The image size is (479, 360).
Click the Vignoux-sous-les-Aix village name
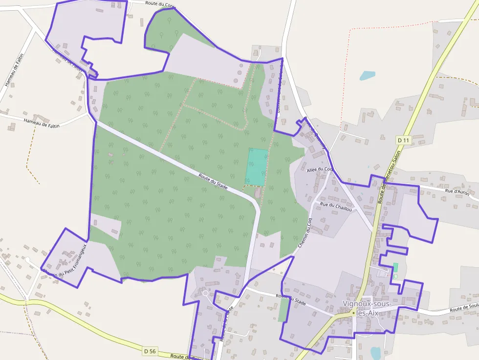(368, 308)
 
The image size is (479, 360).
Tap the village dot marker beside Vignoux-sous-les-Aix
(353, 312)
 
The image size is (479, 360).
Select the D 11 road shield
(403, 140)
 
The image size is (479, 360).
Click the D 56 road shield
(150, 351)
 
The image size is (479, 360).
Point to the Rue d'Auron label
(457, 191)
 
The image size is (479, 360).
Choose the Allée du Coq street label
(319, 169)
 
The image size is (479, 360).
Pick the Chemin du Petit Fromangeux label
(65, 259)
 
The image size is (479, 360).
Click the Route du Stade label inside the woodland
(214, 180)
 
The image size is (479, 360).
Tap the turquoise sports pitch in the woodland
(257, 167)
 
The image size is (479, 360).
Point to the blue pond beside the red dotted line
(367, 76)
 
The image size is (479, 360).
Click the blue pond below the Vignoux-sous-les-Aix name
(375, 353)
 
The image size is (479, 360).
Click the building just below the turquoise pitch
(258, 194)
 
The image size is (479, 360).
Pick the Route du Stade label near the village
(290, 299)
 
